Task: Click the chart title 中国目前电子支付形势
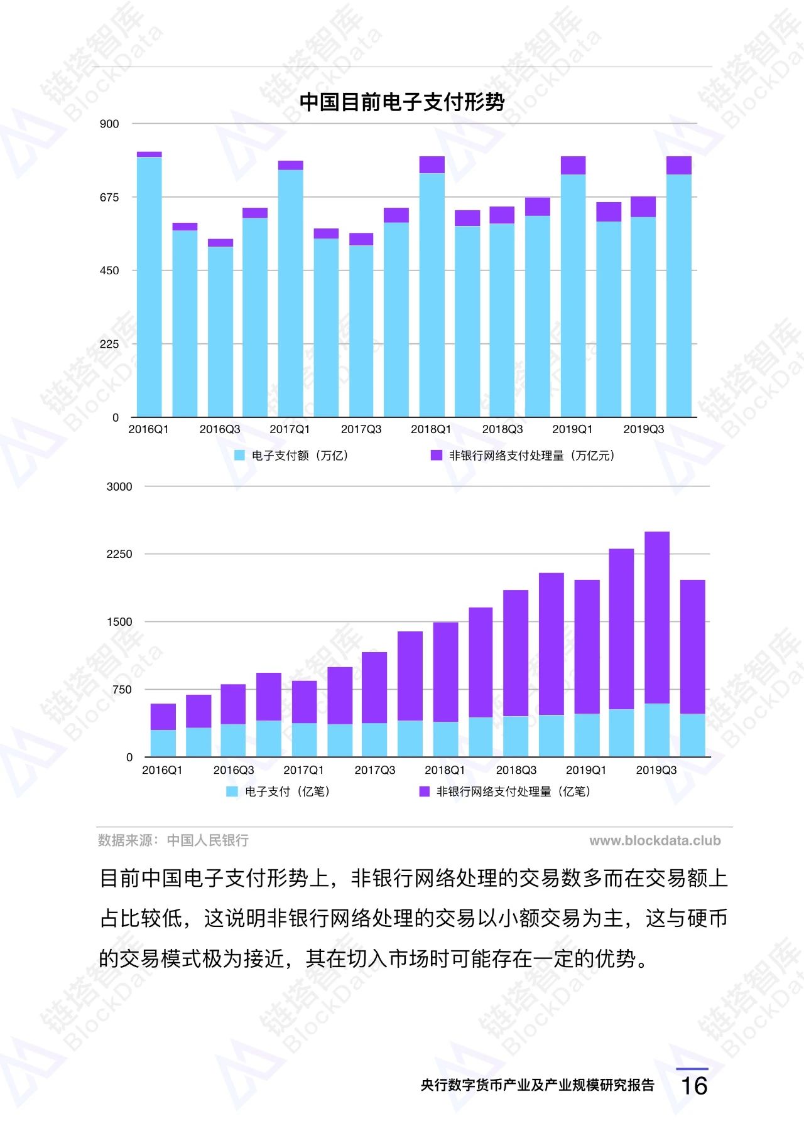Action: [x=401, y=102]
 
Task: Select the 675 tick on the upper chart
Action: [x=109, y=198]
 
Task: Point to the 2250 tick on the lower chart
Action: [x=119, y=554]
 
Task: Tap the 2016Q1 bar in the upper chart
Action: [x=149, y=286]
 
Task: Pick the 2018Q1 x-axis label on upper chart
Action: [x=431, y=429]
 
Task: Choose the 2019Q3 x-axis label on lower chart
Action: [x=656, y=770]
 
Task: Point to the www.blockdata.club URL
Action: [x=655, y=840]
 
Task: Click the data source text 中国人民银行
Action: [x=207, y=840]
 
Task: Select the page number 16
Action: [x=694, y=1086]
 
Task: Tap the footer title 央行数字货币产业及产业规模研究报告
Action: [x=538, y=1085]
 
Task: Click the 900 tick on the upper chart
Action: [x=109, y=124]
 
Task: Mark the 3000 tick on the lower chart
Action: [x=119, y=487]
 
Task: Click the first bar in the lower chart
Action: [x=163, y=730]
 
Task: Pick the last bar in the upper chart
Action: [x=678, y=289]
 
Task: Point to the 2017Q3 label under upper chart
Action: [x=361, y=429]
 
